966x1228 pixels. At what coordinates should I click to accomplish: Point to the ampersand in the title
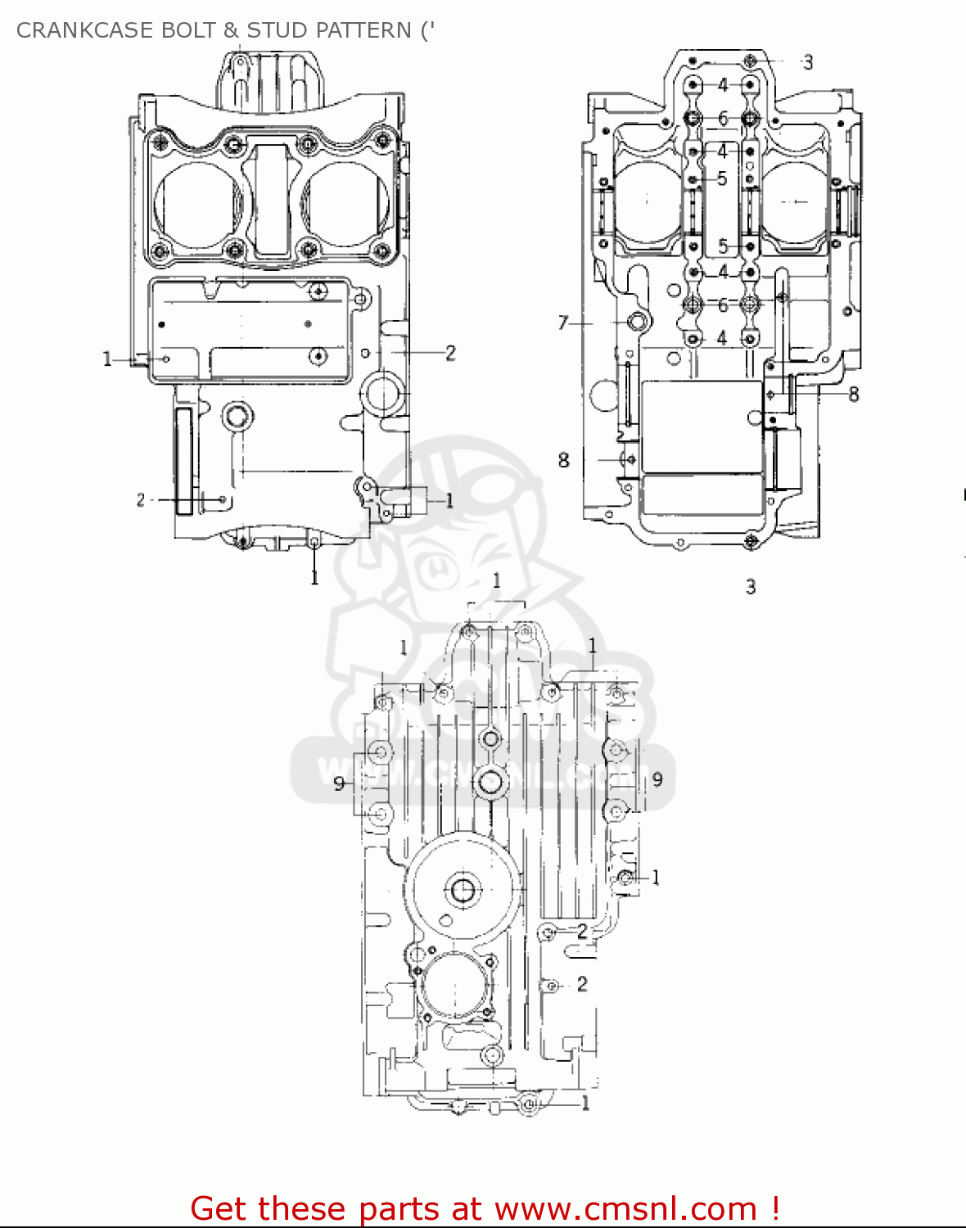231,30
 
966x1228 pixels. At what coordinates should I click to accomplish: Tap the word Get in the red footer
220,1208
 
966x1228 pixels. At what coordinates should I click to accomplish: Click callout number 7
563,323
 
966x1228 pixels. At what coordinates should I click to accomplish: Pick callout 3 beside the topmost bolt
807,62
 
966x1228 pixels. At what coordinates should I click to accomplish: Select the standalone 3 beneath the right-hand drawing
750,587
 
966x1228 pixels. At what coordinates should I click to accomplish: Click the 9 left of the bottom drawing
339,784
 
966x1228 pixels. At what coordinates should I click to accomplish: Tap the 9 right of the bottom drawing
657,779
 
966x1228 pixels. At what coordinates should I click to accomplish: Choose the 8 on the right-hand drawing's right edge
853,395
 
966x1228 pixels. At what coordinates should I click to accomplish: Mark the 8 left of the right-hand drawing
563,460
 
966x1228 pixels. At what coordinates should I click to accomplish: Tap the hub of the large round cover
462,890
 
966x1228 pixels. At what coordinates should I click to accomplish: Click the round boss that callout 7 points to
637,322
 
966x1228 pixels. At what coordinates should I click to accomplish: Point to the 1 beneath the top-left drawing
314,578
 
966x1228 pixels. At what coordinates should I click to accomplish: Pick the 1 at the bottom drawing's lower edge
585,1104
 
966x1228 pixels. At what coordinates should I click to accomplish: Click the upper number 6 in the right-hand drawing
723,119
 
